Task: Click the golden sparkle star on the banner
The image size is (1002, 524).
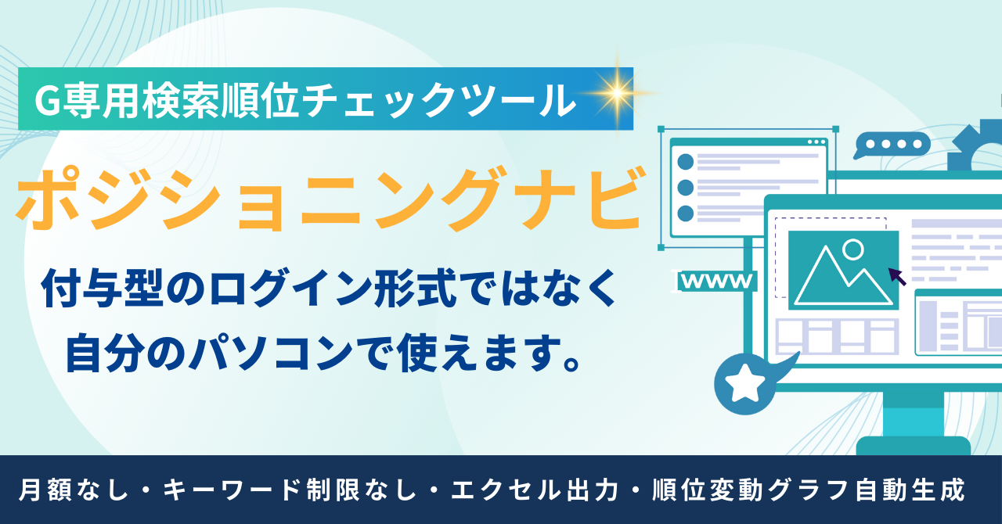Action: point(618,93)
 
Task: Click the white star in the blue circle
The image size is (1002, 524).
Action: point(744,382)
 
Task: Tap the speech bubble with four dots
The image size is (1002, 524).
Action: point(892,145)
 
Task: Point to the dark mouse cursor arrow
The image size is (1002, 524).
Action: point(897,276)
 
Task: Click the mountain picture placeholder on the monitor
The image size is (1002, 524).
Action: point(843,270)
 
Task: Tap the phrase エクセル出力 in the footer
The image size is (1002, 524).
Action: point(535,490)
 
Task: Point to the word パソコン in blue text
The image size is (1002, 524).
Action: point(272,354)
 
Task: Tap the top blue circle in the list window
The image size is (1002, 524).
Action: point(685,162)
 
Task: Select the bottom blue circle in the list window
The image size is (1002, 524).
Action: point(685,214)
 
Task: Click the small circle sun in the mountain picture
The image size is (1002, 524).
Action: point(853,249)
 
